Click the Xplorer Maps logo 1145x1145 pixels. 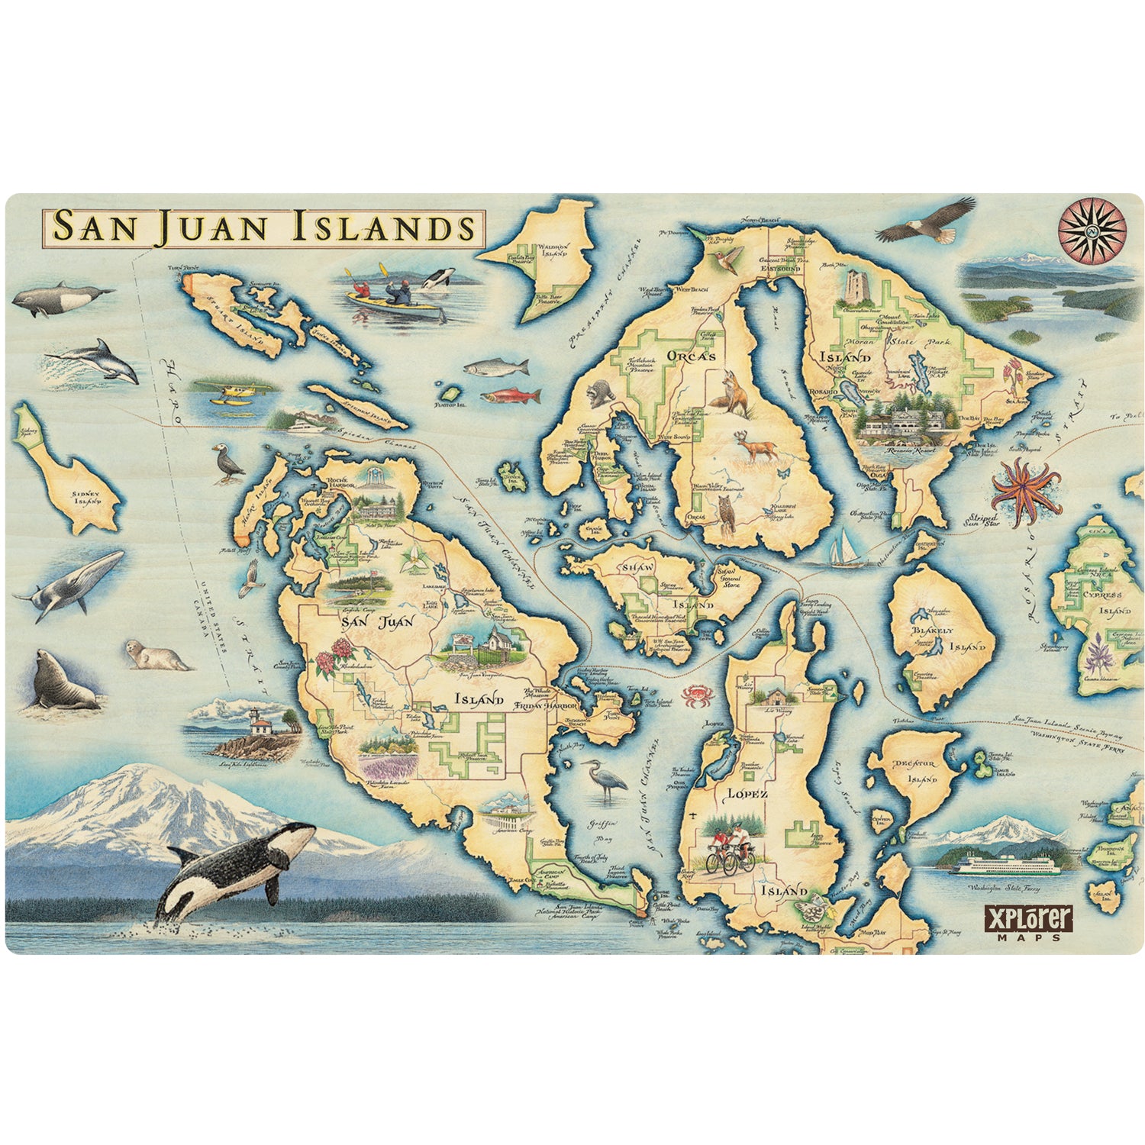tap(1028, 921)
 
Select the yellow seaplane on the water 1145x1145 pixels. tap(227, 395)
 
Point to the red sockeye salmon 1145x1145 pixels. tap(512, 396)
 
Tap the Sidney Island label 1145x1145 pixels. tap(85, 498)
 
